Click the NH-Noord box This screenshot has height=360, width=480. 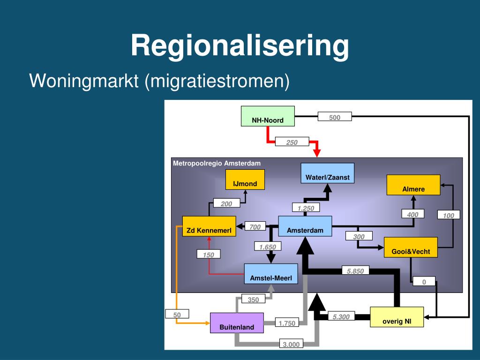pos(268,116)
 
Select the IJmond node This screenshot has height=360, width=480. pos(245,180)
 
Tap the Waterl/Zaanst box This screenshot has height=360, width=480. pos(328,173)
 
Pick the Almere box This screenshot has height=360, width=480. pos(413,185)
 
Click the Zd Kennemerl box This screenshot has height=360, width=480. pos(209,226)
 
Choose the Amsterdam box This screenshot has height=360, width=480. pos(305,226)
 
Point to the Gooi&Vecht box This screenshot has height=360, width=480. pos(411,247)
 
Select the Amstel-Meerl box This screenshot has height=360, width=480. pos(271,274)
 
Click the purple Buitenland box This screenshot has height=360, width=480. pos(237,323)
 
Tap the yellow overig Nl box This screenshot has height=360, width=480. pos(397,317)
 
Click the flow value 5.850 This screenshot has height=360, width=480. pos(355,271)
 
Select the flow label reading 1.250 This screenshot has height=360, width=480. pos(306,208)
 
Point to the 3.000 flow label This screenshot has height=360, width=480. pos(291,344)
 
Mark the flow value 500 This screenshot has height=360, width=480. pos(335,117)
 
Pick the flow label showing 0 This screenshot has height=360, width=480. pos(424,282)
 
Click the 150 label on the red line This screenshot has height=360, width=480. pos(209,255)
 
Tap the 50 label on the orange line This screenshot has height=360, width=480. pos(177,315)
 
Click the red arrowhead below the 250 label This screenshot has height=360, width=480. pos(317,153)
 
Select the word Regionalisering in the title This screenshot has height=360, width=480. pos(240,45)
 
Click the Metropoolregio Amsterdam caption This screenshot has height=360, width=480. pos(217,164)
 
